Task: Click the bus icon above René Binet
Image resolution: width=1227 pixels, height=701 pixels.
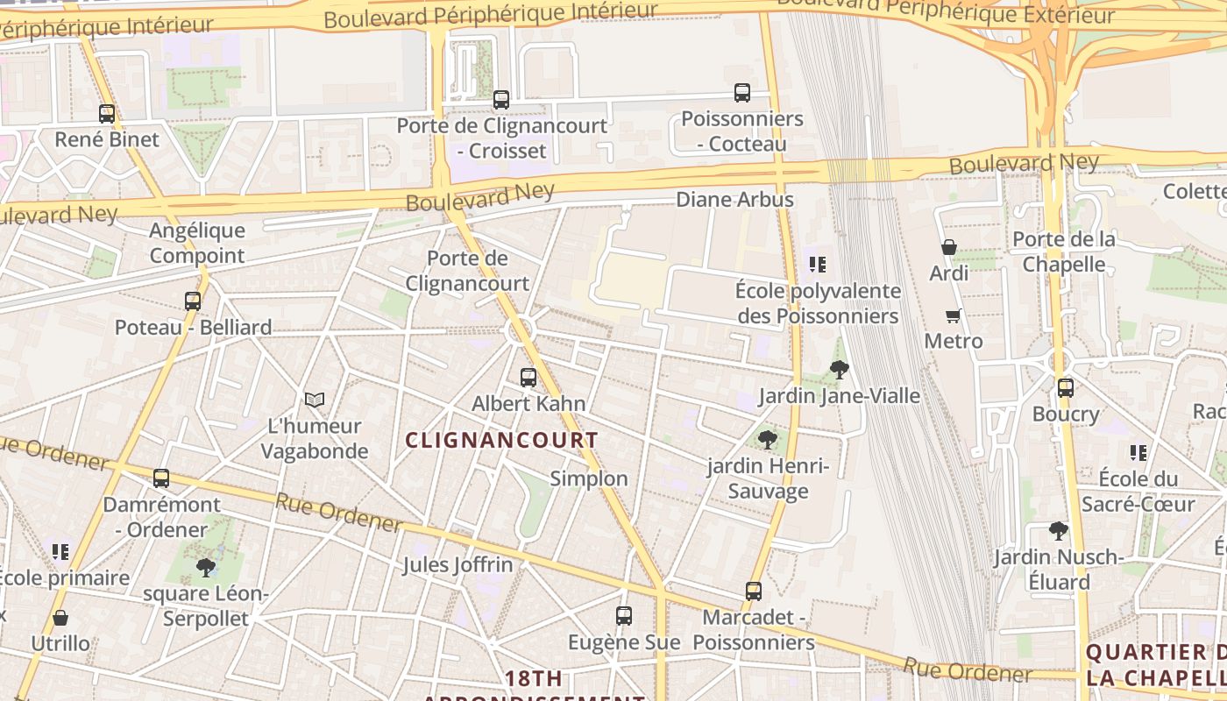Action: pyautogui.click(x=107, y=114)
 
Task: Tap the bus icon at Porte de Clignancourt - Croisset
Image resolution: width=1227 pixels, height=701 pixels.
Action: pyautogui.click(x=501, y=100)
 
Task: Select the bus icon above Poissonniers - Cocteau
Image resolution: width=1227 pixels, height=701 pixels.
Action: pyautogui.click(x=742, y=93)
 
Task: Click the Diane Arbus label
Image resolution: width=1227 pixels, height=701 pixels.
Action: pyautogui.click(x=734, y=200)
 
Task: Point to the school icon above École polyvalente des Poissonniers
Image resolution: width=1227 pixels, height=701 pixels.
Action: pyautogui.click(x=818, y=265)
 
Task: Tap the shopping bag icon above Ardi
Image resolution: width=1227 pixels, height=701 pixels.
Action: pyautogui.click(x=948, y=248)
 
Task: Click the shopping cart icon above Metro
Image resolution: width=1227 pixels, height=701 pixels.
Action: pyautogui.click(x=954, y=315)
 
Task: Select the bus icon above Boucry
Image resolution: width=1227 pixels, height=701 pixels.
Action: pyautogui.click(x=1066, y=387)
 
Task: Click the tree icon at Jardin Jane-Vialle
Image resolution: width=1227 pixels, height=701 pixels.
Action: pyautogui.click(x=840, y=370)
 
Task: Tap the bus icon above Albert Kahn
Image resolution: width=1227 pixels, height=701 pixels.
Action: pyautogui.click(x=528, y=378)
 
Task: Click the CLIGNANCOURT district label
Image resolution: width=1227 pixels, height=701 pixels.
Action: pyautogui.click(x=502, y=441)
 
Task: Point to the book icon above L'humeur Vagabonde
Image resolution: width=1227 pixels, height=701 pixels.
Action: pyautogui.click(x=315, y=400)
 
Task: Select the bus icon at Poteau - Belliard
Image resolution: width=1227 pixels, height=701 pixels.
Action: pyautogui.click(x=193, y=301)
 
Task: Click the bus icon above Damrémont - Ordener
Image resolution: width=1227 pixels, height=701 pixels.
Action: pyautogui.click(x=161, y=478)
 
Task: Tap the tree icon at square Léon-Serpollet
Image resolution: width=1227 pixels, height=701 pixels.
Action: pyautogui.click(x=206, y=568)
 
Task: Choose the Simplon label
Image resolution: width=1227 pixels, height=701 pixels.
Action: pyautogui.click(x=589, y=478)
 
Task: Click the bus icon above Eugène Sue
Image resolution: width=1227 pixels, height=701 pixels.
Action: pyautogui.click(x=624, y=616)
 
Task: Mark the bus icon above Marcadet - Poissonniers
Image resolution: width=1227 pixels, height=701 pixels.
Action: pyautogui.click(x=754, y=591)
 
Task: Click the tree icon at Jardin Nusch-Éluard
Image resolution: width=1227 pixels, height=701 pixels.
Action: pyautogui.click(x=1059, y=531)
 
